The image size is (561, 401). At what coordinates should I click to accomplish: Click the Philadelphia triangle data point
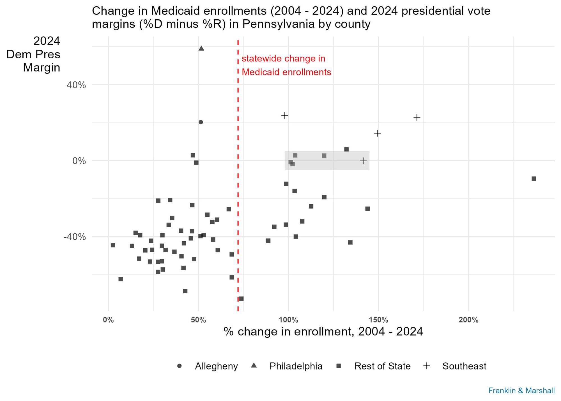(201, 49)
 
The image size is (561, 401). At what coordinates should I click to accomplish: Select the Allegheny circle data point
(201, 122)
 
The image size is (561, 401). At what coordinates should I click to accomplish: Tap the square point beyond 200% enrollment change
(534, 179)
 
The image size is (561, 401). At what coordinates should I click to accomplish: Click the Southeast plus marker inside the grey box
(363, 161)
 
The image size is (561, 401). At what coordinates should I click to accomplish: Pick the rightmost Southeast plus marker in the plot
(417, 117)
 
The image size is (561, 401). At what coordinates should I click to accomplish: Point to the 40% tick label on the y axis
(76, 85)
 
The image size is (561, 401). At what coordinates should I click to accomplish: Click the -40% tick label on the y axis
(75, 237)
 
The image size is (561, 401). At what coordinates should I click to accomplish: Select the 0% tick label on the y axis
(79, 161)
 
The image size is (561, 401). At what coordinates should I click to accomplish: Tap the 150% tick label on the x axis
(378, 320)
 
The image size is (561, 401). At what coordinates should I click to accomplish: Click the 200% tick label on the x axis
(468, 320)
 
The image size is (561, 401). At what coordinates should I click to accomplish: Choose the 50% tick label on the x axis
(198, 320)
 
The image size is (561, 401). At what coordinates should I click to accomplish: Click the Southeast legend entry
(464, 366)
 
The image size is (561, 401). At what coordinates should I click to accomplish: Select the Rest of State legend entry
(382, 366)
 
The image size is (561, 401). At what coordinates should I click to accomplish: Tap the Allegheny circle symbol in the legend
(180, 366)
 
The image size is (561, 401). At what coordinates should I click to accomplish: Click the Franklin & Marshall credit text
(521, 391)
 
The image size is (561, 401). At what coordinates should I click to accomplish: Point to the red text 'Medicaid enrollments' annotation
(286, 72)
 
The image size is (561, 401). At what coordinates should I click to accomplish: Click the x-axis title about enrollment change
(323, 332)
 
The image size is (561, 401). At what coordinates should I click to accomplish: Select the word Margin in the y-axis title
(42, 68)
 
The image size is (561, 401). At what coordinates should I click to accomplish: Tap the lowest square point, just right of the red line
(241, 299)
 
